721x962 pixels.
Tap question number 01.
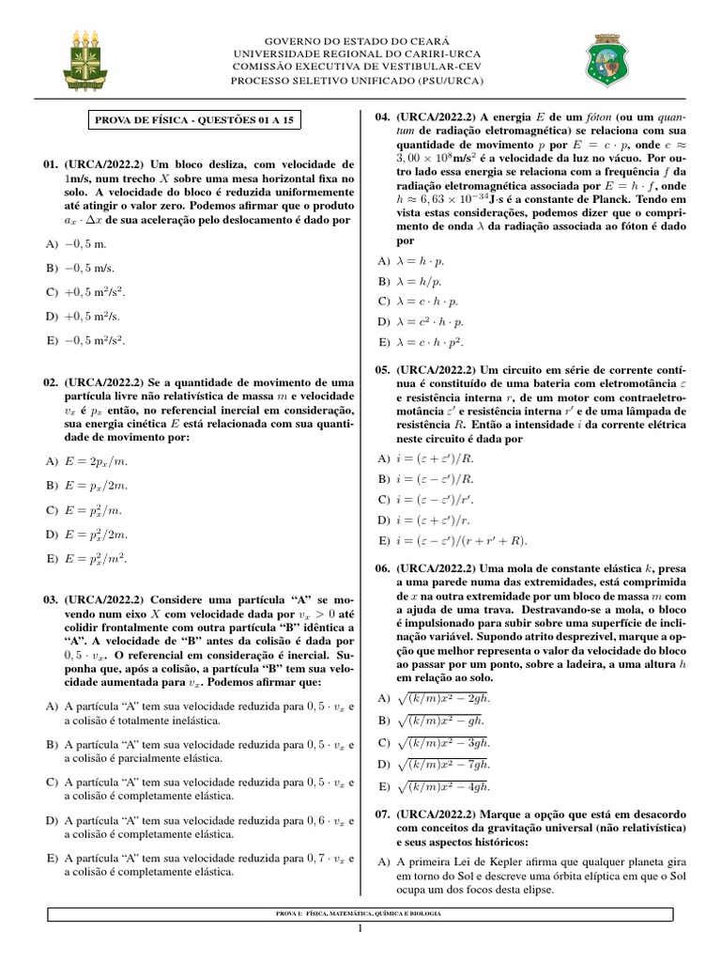pos(51,164)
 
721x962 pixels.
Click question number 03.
pos(51,598)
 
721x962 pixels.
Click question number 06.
pos(383,568)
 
